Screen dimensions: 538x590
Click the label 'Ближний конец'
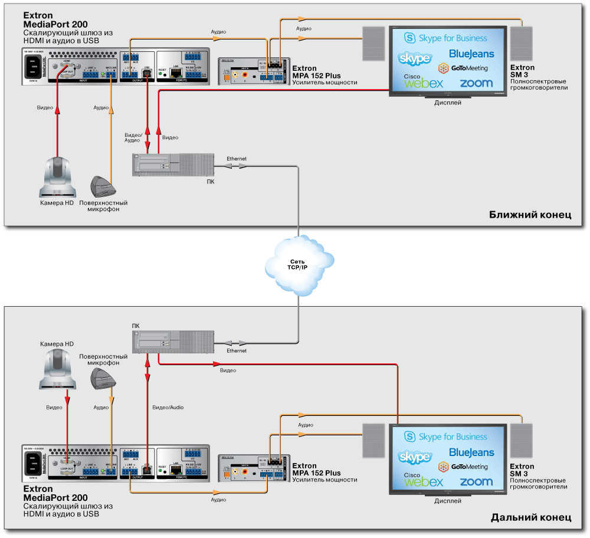tap(530, 215)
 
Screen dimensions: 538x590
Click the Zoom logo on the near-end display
tap(476, 83)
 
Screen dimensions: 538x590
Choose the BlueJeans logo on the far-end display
tap(471, 452)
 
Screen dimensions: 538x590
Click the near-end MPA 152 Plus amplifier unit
tap(254, 73)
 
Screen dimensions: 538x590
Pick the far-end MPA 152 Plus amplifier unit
tap(254, 470)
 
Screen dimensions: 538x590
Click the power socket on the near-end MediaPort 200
tap(35, 66)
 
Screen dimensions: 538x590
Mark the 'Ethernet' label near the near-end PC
tap(237, 159)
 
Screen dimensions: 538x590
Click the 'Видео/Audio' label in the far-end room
tap(168, 408)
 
